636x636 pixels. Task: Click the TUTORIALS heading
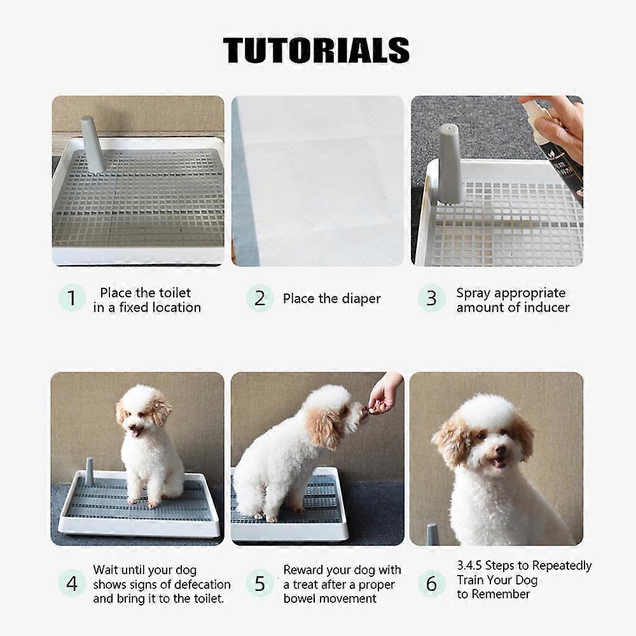coord(316,50)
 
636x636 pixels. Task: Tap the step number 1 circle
coord(72,298)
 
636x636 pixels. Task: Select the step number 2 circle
coord(259,298)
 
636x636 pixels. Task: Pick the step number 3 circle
coord(431,298)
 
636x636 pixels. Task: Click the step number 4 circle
coord(72,583)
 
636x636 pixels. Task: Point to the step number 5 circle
coord(259,583)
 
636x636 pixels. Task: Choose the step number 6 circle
coord(431,583)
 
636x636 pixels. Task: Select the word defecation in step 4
coord(198,584)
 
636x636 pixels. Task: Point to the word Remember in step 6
coord(500,594)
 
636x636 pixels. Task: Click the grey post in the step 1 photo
coord(92,144)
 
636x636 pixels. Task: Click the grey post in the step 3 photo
coord(450,164)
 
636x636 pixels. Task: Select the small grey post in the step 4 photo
coord(89,471)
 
